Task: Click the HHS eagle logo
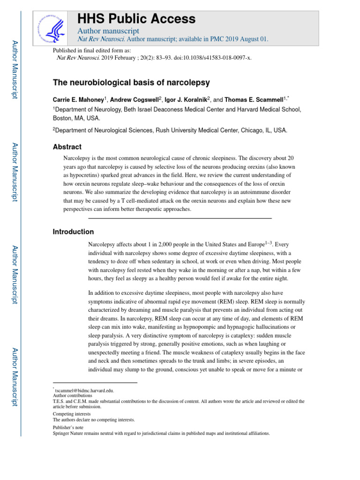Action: click(x=52, y=27)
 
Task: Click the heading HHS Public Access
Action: click(x=136, y=19)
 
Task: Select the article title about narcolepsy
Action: click(x=131, y=82)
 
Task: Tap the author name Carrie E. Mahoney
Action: click(x=78, y=100)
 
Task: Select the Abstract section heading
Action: click(x=67, y=147)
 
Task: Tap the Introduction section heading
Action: click(x=73, y=232)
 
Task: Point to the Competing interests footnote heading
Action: click(x=72, y=414)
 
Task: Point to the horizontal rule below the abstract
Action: click(x=180, y=218)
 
